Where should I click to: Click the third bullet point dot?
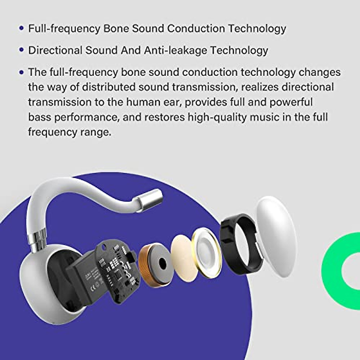pos(21,72)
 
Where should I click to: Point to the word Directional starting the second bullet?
pos(55,50)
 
